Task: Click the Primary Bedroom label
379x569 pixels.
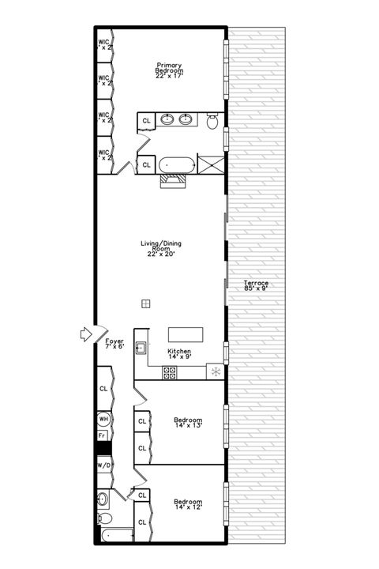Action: click(x=170, y=68)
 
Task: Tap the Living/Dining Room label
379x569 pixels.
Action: click(x=163, y=249)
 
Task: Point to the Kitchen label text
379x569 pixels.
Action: click(x=179, y=354)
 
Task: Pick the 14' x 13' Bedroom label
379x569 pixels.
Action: click(x=188, y=423)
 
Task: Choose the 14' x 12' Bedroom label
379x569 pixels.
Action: click(x=188, y=504)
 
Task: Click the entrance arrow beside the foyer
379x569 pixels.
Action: click(x=88, y=335)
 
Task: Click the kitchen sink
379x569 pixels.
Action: click(x=141, y=347)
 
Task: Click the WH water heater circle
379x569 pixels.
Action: click(x=103, y=418)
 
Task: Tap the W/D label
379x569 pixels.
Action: click(x=103, y=465)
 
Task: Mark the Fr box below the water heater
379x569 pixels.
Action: click(x=102, y=435)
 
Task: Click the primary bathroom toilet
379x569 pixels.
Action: click(x=212, y=121)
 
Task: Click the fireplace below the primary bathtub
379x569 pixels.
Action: click(x=174, y=181)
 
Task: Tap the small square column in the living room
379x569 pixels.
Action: click(x=146, y=303)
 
